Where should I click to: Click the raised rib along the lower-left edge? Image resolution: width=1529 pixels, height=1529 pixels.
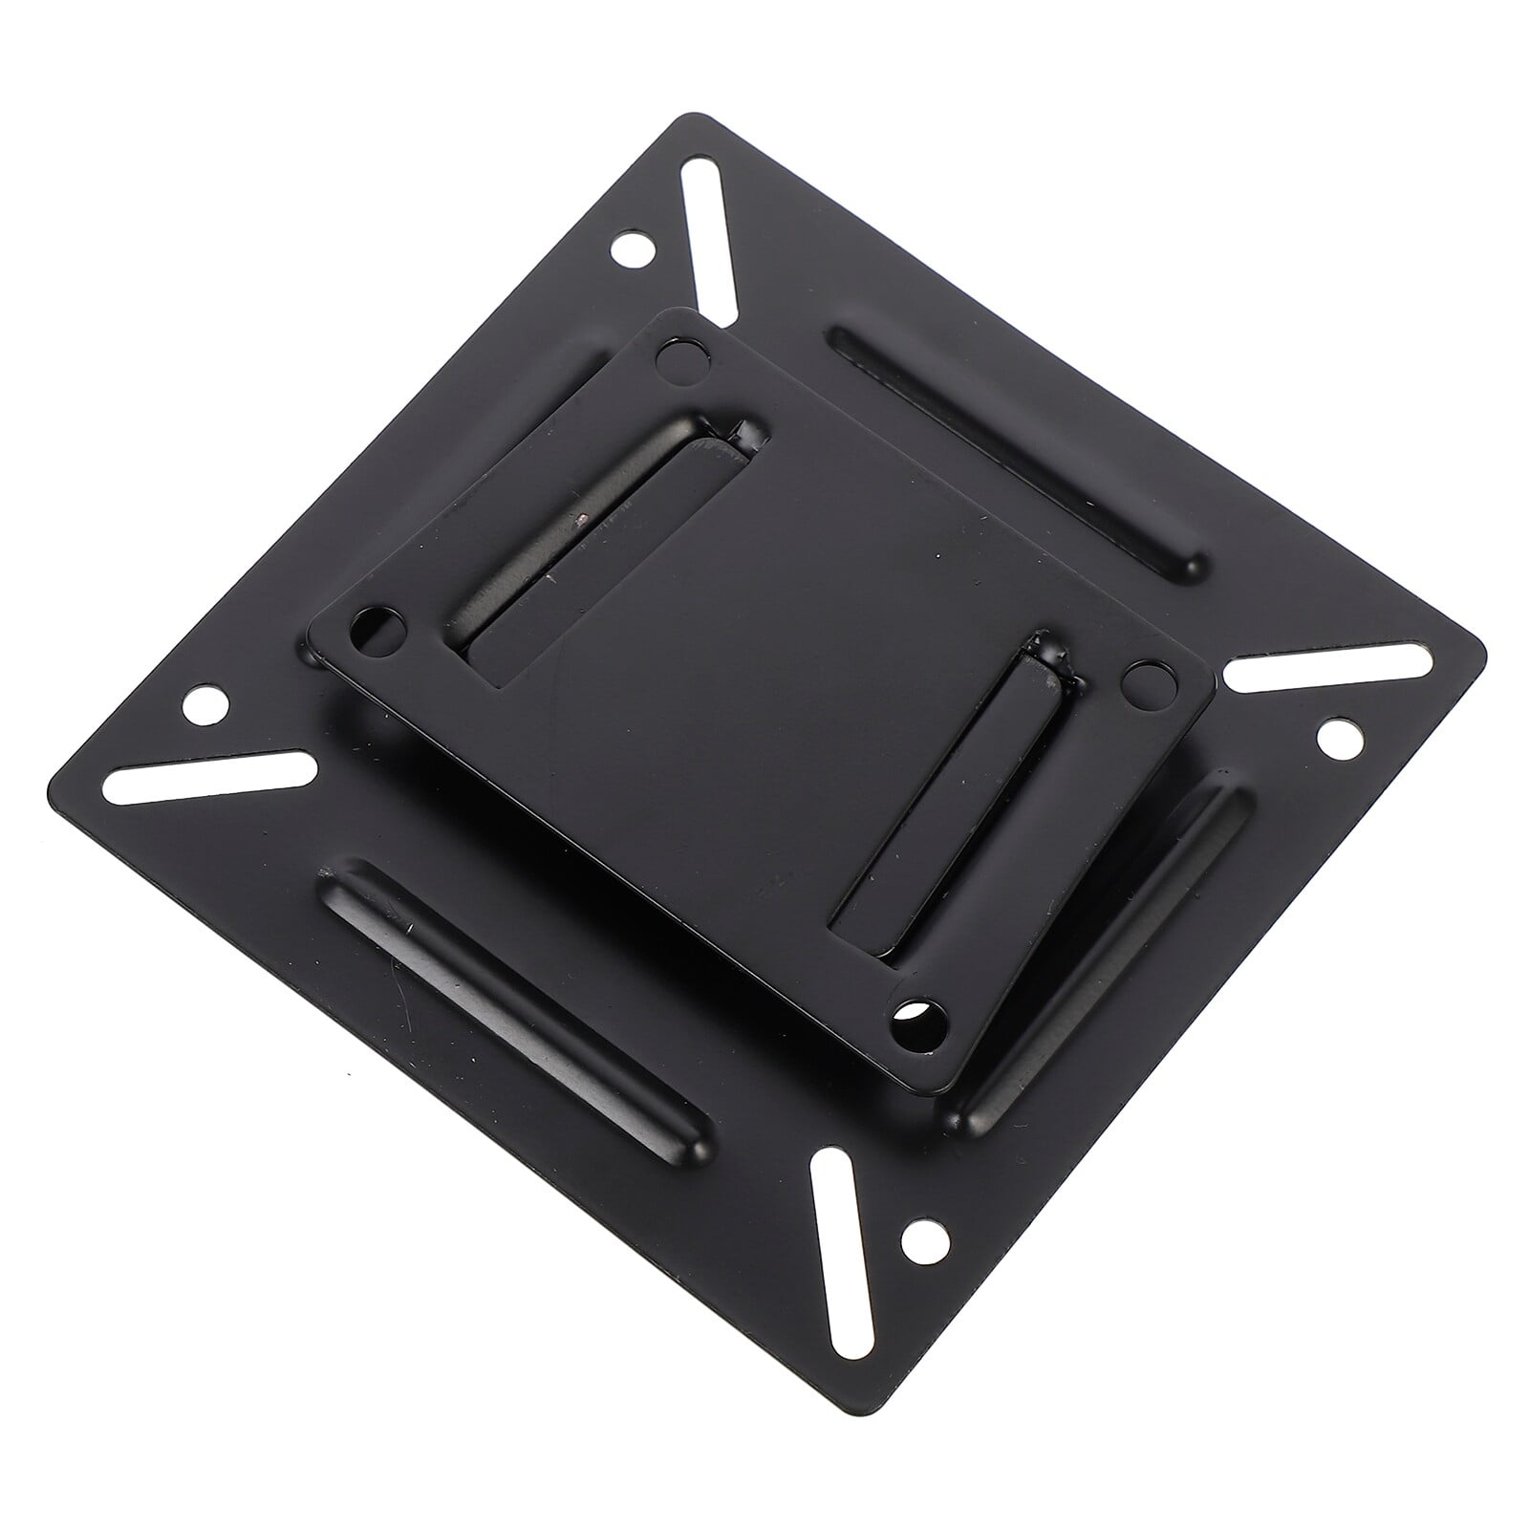(516, 1013)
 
